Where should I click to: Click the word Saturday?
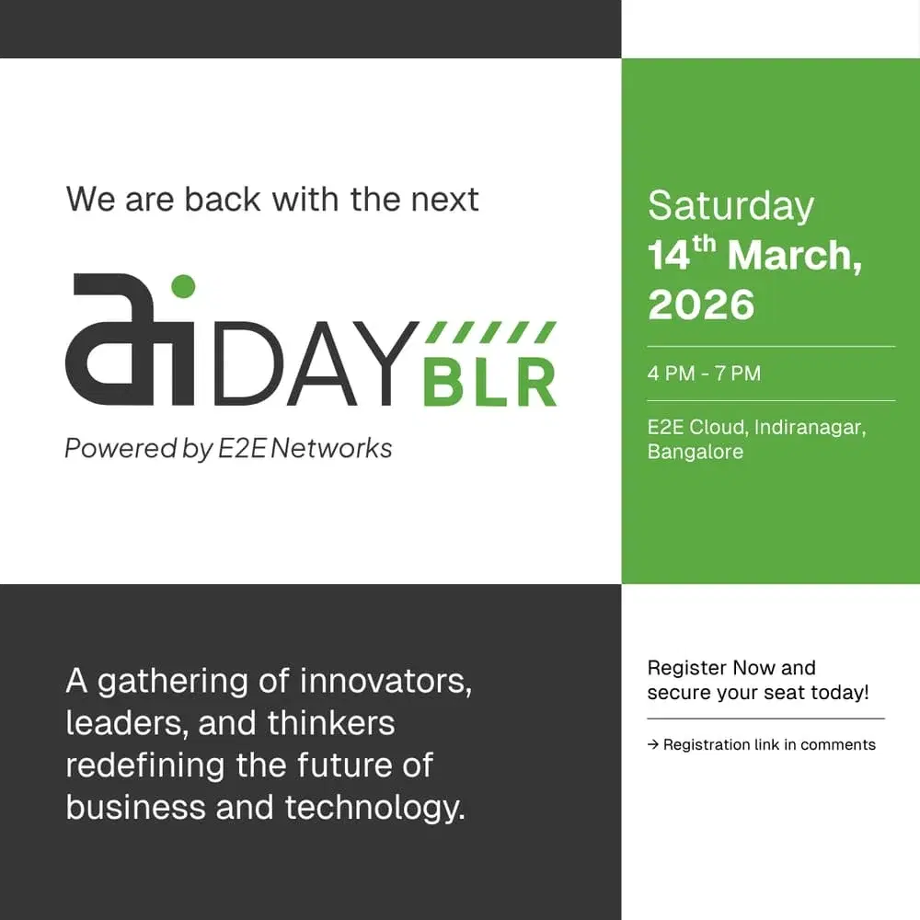730,206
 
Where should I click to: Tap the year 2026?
701,305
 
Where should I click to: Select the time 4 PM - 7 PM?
704,374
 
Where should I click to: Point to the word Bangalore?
695,452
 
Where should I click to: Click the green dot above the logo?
183,286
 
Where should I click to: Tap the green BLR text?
489,382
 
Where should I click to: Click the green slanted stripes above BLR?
493,332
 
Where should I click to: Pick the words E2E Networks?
305,448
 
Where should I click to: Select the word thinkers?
331,723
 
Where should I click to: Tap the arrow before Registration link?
653,744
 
